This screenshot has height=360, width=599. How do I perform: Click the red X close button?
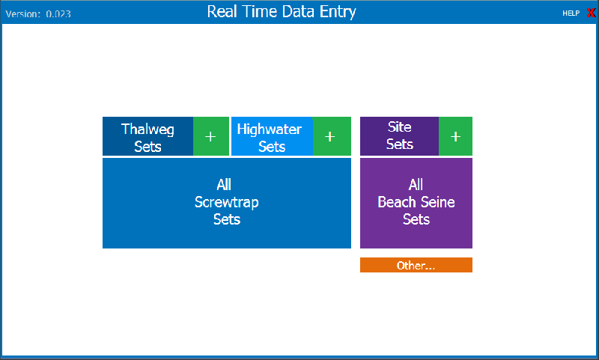(591, 13)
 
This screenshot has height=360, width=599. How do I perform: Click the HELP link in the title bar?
(571, 13)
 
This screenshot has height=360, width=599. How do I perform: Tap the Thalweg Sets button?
(148, 136)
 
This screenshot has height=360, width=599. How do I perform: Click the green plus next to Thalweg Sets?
(211, 136)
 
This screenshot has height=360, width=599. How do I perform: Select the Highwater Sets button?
(272, 136)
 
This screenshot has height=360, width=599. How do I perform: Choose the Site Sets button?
(400, 136)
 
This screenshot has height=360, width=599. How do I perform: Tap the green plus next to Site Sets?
(455, 136)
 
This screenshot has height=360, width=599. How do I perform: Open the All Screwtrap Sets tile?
(227, 203)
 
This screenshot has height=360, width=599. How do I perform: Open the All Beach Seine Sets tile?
(416, 203)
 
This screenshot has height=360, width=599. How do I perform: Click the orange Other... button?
(416, 265)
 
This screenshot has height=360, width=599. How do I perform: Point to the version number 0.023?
(58, 14)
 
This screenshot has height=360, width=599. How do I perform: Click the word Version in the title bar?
(22, 14)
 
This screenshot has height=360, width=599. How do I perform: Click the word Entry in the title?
(338, 12)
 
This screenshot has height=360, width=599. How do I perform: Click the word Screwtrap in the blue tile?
(227, 202)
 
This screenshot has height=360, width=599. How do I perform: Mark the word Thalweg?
(148, 129)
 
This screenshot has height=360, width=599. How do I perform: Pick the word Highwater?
(270, 129)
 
